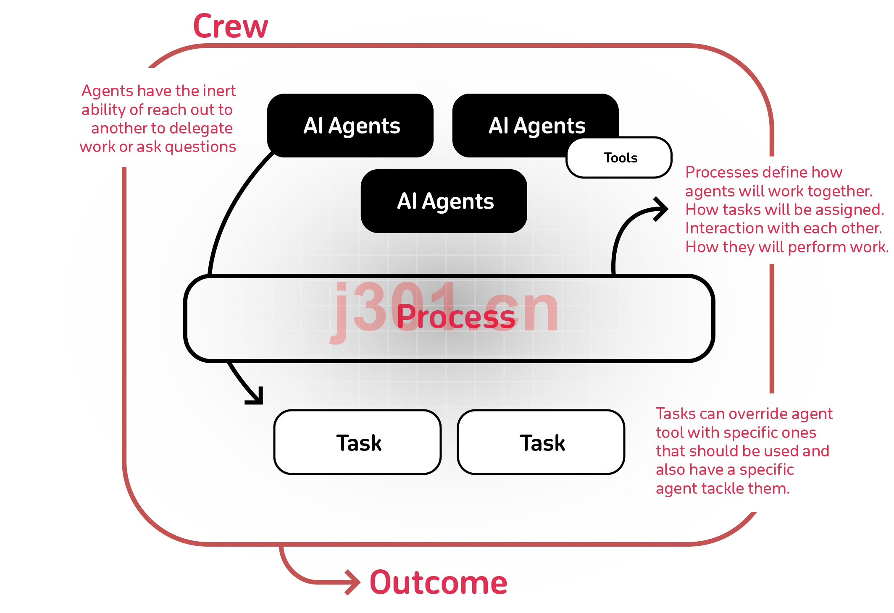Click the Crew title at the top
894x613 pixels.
230,26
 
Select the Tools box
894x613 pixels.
619,157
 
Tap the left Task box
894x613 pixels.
358,442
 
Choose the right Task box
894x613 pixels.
541,442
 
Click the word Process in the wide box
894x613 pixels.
456,317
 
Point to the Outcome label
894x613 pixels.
439,582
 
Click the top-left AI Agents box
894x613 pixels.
350,126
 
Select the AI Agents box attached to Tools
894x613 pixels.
536,126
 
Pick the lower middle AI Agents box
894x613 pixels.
444,201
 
